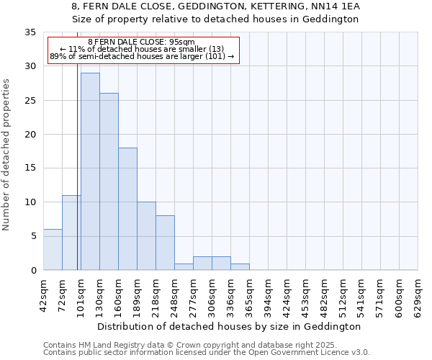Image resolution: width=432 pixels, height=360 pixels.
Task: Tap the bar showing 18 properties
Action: tap(127, 209)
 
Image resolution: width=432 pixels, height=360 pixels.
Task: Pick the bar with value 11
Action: tap(71, 233)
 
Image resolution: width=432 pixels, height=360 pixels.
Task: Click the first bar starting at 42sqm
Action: tap(53, 249)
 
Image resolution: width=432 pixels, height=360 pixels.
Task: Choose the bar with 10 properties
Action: tap(146, 236)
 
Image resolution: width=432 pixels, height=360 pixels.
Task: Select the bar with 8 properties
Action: tap(165, 243)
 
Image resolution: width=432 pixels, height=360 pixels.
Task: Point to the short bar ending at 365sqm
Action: tap(240, 266)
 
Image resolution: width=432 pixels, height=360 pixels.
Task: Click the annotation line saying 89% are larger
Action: tap(142, 56)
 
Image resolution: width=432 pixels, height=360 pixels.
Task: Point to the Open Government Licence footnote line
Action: tap(207, 353)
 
